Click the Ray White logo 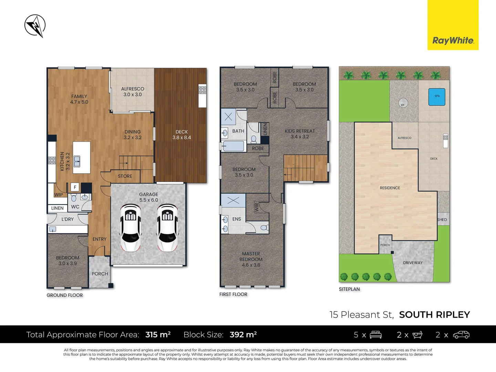(x=453, y=40)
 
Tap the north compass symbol (x=35, y=26)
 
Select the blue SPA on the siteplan (x=437, y=96)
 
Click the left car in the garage (x=131, y=228)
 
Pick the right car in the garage (x=167, y=228)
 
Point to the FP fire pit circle (x=403, y=103)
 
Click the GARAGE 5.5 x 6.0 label (x=148, y=197)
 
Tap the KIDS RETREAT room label (x=300, y=134)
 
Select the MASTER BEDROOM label (x=251, y=259)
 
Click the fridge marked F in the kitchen (x=75, y=187)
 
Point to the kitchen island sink (x=77, y=161)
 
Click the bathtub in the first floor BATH (x=234, y=146)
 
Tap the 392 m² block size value (x=243, y=334)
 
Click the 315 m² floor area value (x=158, y=334)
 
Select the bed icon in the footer (x=375, y=334)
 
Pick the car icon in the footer (x=461, y=334)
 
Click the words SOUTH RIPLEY (x=434, y=315)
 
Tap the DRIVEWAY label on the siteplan (x=413, y=263)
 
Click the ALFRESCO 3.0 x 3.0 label (x=133, y=92)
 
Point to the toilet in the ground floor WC (x=74, y=198)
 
